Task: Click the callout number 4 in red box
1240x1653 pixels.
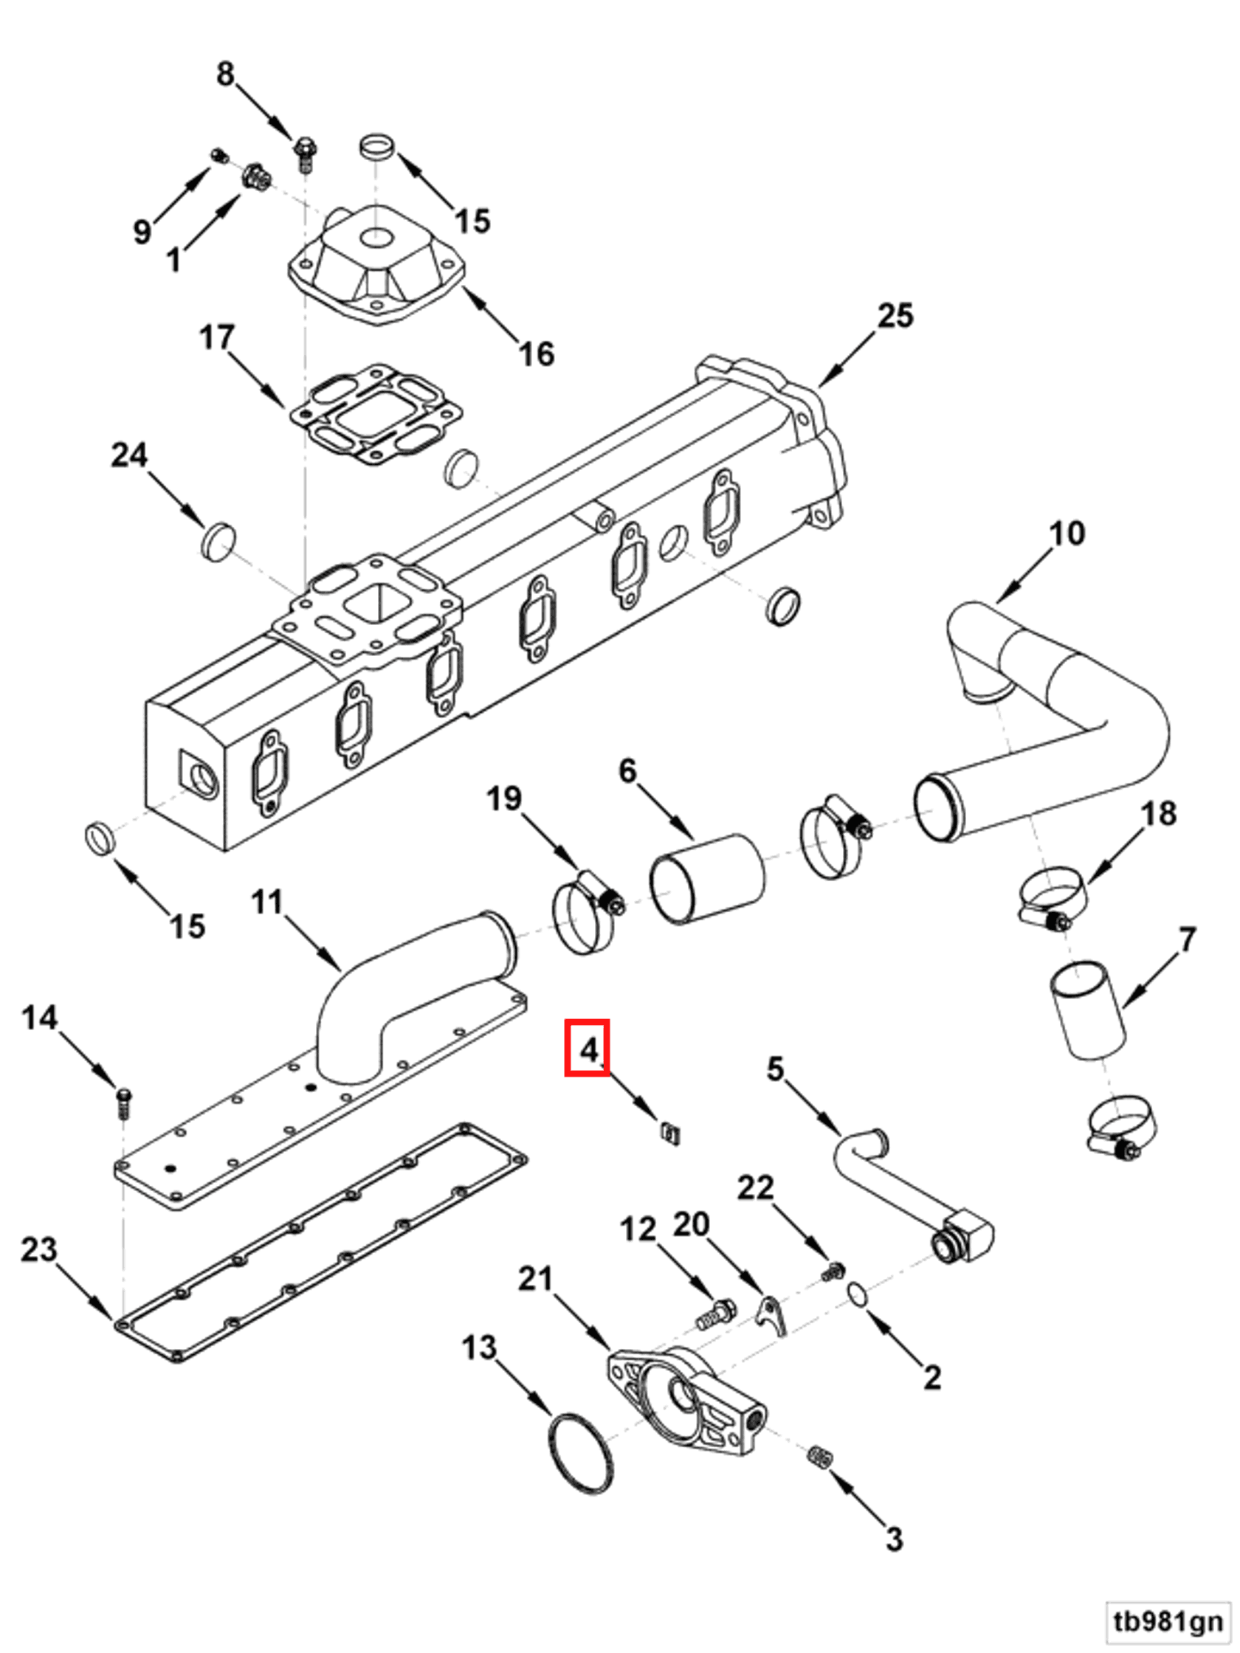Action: pyautogui.click(x=587, y=1048)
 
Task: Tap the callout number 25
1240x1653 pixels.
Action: pyautogui.click(x=895, y=315)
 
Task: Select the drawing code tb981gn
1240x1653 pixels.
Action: pyautogui.click(x=1168, y=1621)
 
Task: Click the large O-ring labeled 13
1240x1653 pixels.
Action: pyautogui.click(x=582, y=1453)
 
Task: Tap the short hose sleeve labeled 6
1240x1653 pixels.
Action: pyautogui.click(x=706, y=879)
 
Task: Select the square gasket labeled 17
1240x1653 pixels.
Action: pyautogui.click(x=376, y=415)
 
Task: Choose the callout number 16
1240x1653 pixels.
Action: pyautogui.click(x=537, y=354)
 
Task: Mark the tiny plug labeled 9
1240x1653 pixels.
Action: pyautogui.click(x=218, y=156)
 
